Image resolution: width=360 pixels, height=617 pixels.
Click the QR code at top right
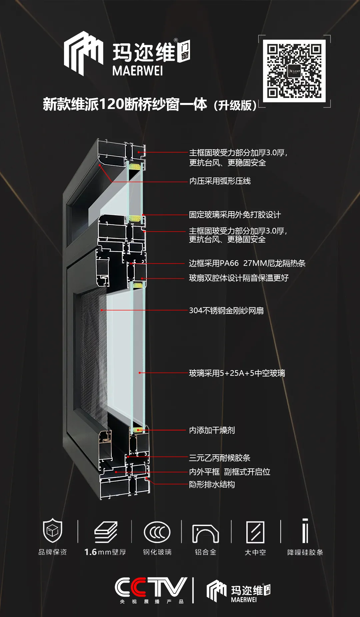coord(294,71)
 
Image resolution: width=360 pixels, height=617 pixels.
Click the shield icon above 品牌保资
coord(53,530)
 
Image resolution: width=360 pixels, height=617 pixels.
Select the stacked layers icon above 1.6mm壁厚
coord(106,532)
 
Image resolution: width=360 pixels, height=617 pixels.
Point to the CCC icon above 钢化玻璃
coord(157,532)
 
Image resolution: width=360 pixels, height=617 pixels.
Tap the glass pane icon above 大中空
coord(255,532)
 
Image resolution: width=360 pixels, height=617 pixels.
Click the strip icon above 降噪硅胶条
coord(305,530)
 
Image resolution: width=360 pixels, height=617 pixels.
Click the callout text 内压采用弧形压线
coord(220,181)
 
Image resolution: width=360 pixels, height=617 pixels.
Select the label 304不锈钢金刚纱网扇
coord(226,310)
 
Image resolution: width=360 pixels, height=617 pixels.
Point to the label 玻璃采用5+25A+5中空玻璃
coord(237,373)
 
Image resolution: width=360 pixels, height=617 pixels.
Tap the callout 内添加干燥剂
coord(212,430)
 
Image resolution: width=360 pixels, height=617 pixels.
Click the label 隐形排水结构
coord(212,484)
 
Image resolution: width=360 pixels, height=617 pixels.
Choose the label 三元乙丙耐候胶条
coord(220,458)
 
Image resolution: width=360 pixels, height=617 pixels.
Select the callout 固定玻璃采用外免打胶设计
coord(235,215)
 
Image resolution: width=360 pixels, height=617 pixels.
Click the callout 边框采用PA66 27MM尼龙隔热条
coord(247,263)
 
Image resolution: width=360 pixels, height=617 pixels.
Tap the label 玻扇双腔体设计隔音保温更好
coord(239,278)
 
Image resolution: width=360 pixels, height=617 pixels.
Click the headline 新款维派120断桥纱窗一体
coord(125,104)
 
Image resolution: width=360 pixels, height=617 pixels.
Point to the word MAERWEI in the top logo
coord(138,71)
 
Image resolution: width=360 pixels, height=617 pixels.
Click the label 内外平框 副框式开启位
coord(230,472)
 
